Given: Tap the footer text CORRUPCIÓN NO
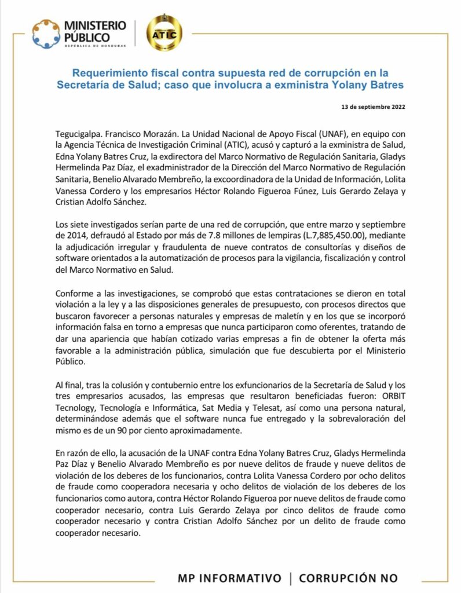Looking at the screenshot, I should (x=348, y=578).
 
